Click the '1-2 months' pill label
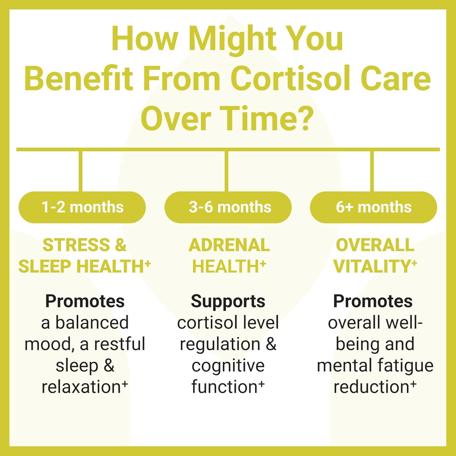coord(82,207)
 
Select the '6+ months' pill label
coord(374,207)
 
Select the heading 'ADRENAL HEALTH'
coord(229,256)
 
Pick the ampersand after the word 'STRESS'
coord(120,245)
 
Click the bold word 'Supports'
coord(228,301)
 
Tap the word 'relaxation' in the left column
coord(81,387)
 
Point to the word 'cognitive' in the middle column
coord(228,366)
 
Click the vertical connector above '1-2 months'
coord(81,171)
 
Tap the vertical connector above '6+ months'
coord(372,171)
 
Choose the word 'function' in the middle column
coord(224,387)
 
